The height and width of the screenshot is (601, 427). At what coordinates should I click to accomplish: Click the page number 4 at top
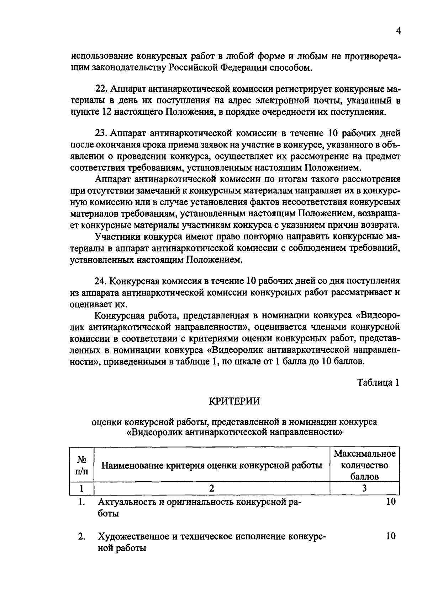click(398, 32)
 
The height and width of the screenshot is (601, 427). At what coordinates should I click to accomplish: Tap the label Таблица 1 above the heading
click(379, 383)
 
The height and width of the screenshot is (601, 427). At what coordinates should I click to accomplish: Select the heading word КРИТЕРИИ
click(234, 401)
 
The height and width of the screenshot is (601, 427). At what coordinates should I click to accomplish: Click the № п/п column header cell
click(82, 465)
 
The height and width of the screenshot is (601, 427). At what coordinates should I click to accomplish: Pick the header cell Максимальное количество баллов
click(364, 465)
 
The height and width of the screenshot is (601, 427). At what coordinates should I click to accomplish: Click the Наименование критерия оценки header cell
click(212, 465)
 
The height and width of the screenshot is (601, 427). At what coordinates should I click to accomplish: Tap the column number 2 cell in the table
click(212, 488)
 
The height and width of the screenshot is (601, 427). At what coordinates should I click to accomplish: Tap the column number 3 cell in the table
click(364, 488)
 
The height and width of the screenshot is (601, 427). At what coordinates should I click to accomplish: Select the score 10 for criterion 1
click(390, 502)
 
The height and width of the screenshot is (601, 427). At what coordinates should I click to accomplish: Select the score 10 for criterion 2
click(390, 536)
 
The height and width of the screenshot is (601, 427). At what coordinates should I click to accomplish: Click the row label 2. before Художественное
click(82, 536)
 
